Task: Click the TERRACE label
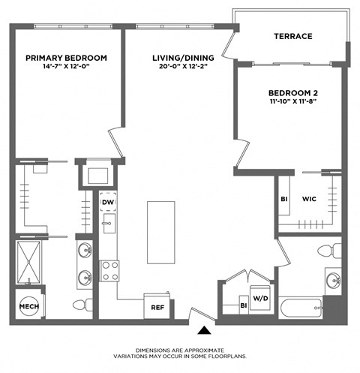point(292,36)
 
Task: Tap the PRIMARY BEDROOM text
point(66,58)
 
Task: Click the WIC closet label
point(310,200)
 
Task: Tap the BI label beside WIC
point(283,200)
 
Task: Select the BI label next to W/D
point(244,306)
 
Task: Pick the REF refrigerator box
point(157,306)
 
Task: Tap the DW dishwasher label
point(106,203)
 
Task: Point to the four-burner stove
point(109,271)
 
